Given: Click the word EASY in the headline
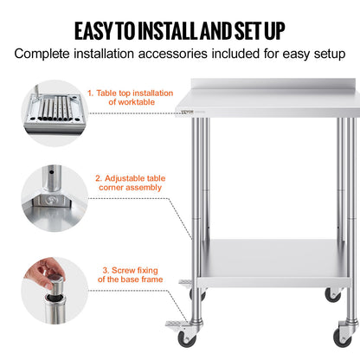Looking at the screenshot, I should click(x=99, y=30).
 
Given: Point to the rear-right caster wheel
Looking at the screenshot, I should click(x=332, y=294).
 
